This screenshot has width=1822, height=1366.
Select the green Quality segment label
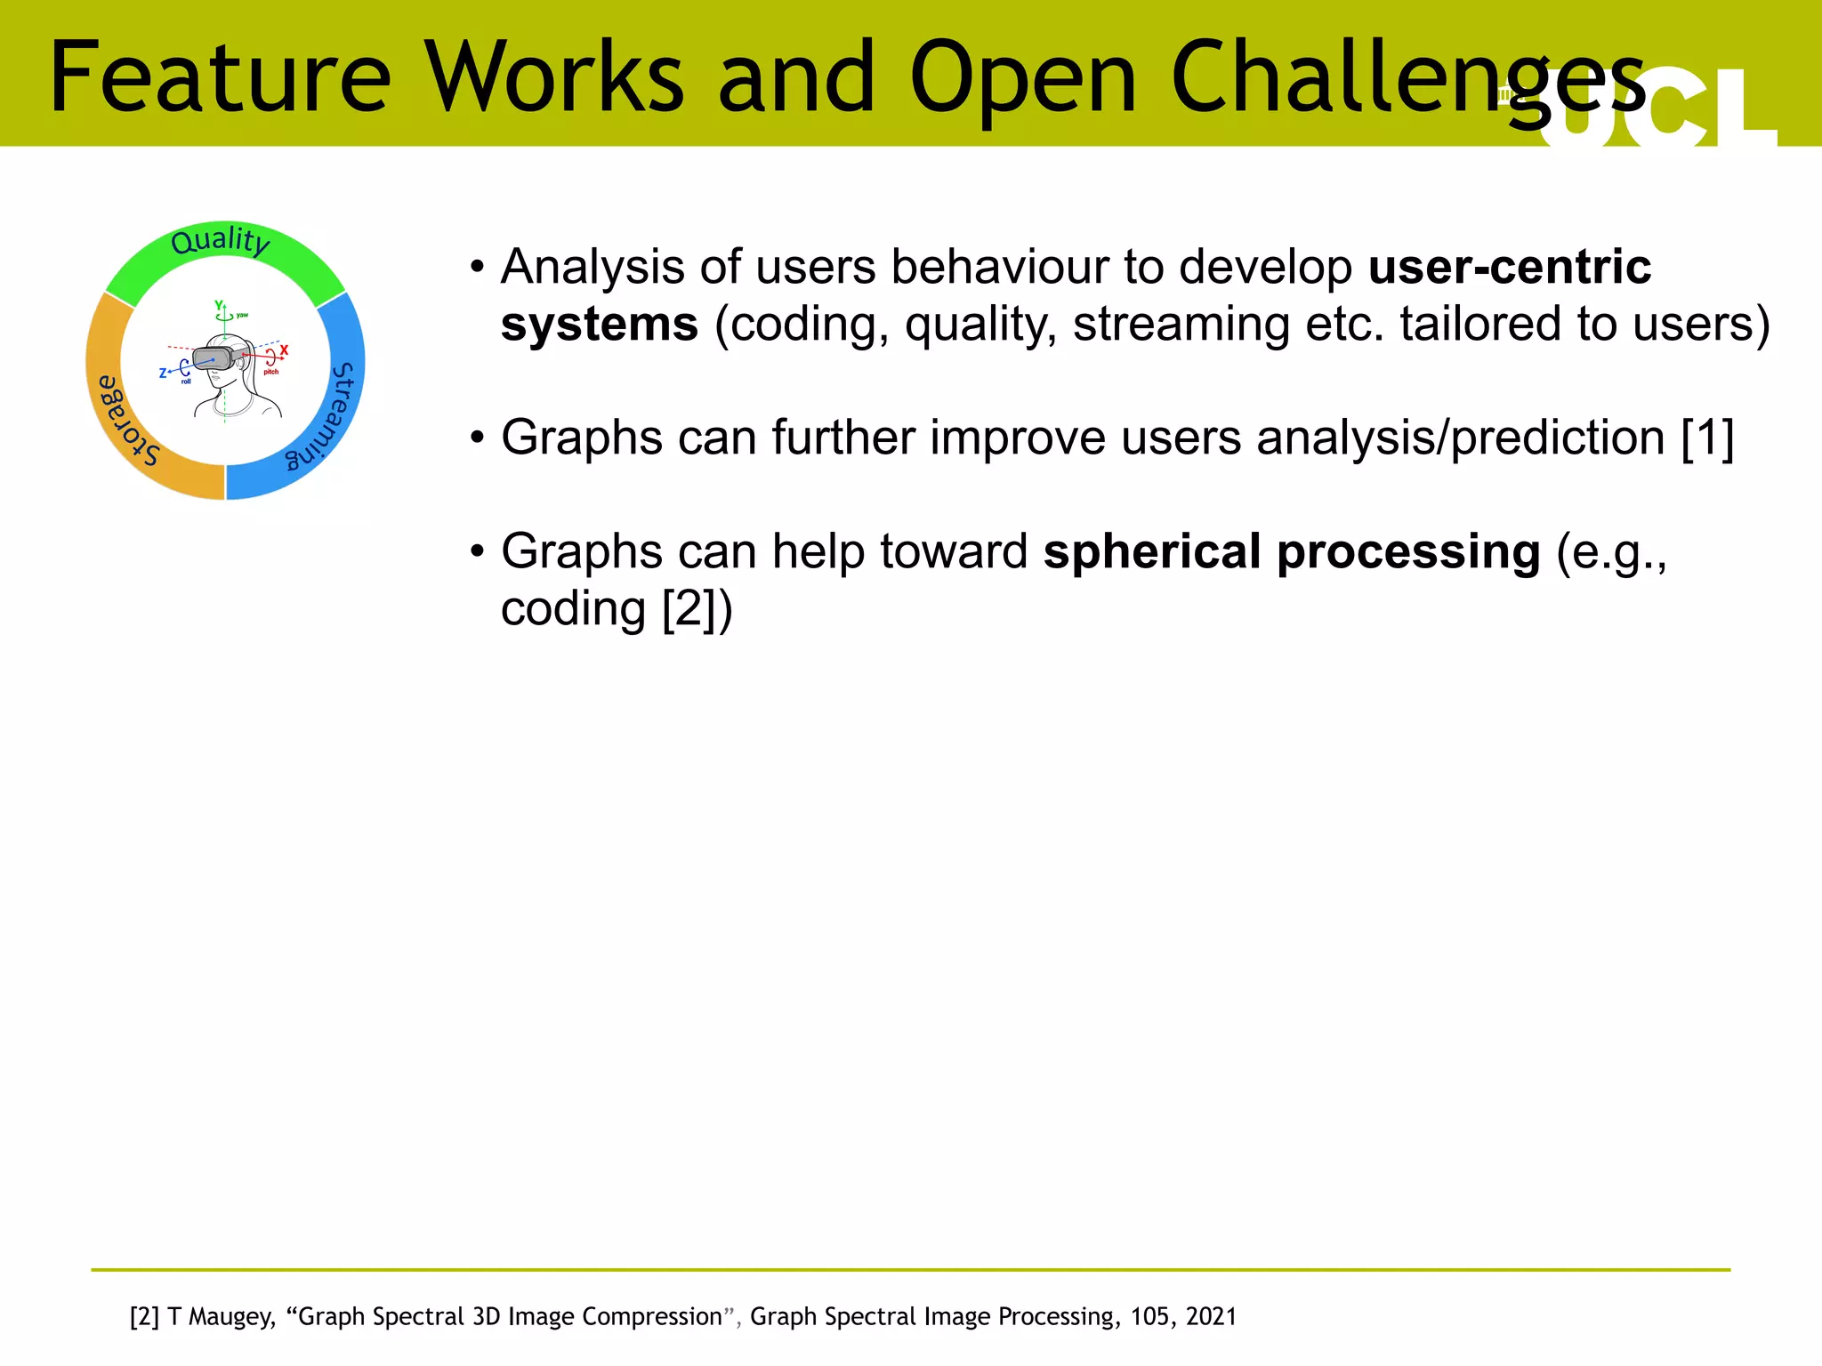[220, 241]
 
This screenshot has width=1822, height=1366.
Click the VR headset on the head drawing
[214, 358]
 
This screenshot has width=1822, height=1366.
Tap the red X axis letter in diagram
[284, 350]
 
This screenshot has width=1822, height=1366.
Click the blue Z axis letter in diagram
[163, 374]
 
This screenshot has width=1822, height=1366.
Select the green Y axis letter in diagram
[218, 305]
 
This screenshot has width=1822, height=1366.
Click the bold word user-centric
[1509, 267]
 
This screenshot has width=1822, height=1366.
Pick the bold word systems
[599, 324]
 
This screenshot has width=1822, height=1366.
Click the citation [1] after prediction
[1707, 438]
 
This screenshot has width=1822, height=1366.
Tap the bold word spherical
[1152, 551]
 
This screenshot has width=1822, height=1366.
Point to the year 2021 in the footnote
[1211, 1317]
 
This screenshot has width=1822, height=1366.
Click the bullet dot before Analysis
[478, 267]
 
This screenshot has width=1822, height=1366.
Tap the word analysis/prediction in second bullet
[1460, 438]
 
